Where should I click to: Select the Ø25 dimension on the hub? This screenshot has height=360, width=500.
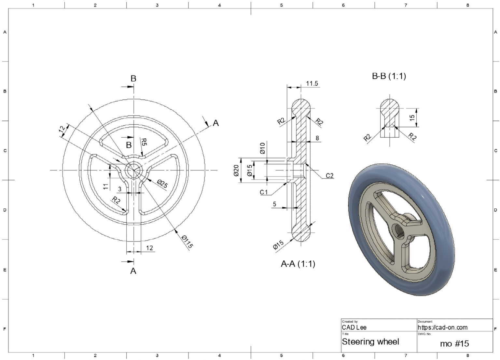(x=162, y=184)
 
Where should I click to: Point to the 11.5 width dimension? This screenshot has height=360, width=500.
(x=312, y=84)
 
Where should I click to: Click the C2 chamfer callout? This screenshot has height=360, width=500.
(x=329, y=176)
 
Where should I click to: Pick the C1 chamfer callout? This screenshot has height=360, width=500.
(x=264, y=192)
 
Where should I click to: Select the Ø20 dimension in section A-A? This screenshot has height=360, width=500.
(x=236, y=170)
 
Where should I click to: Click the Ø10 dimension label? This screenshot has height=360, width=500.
(x=262, y=148)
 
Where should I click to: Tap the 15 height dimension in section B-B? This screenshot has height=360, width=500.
(x=412, y=118)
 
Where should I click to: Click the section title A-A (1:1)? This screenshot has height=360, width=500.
(x=298, y=264)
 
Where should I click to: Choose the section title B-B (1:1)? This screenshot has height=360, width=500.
(x=389, y=76)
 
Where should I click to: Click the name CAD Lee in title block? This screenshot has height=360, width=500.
(x=354, y=327)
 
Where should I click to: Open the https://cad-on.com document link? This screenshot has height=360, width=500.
(x=442, y=327)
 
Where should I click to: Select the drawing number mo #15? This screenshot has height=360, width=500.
(x=454, y=343)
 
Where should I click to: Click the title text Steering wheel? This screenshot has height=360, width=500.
(x=370, y=342)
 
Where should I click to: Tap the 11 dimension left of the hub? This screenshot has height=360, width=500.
(x=106, y=187)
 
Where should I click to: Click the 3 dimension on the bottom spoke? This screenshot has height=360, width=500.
(x=120, y=189)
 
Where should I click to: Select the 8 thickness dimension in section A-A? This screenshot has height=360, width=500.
(x=317, y=138)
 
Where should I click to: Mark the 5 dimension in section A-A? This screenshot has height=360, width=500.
(x=274, y=204)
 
